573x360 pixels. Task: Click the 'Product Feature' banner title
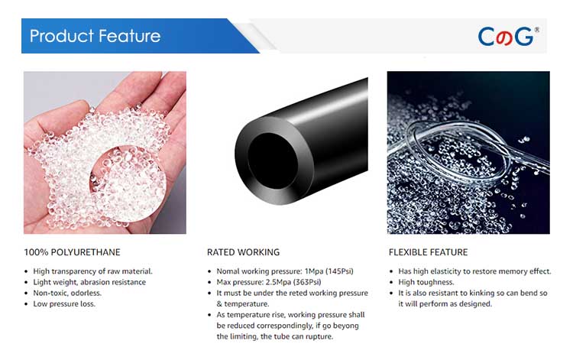[95, 36]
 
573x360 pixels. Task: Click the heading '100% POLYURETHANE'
[72, 252]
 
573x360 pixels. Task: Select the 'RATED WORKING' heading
[243, 252]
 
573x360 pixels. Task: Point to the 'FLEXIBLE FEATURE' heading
[428, 252]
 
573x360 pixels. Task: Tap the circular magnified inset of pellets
[128, 184]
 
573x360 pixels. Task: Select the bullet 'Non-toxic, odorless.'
[67, 293]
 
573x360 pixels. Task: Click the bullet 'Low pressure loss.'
[64, 303]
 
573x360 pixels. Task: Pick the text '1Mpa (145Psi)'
[329, 271]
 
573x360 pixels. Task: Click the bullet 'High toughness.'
[426, 282]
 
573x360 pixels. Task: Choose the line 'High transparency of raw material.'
[92, 271]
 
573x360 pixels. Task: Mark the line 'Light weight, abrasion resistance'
[89, 282]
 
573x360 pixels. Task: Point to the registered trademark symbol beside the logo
[536, 30]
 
